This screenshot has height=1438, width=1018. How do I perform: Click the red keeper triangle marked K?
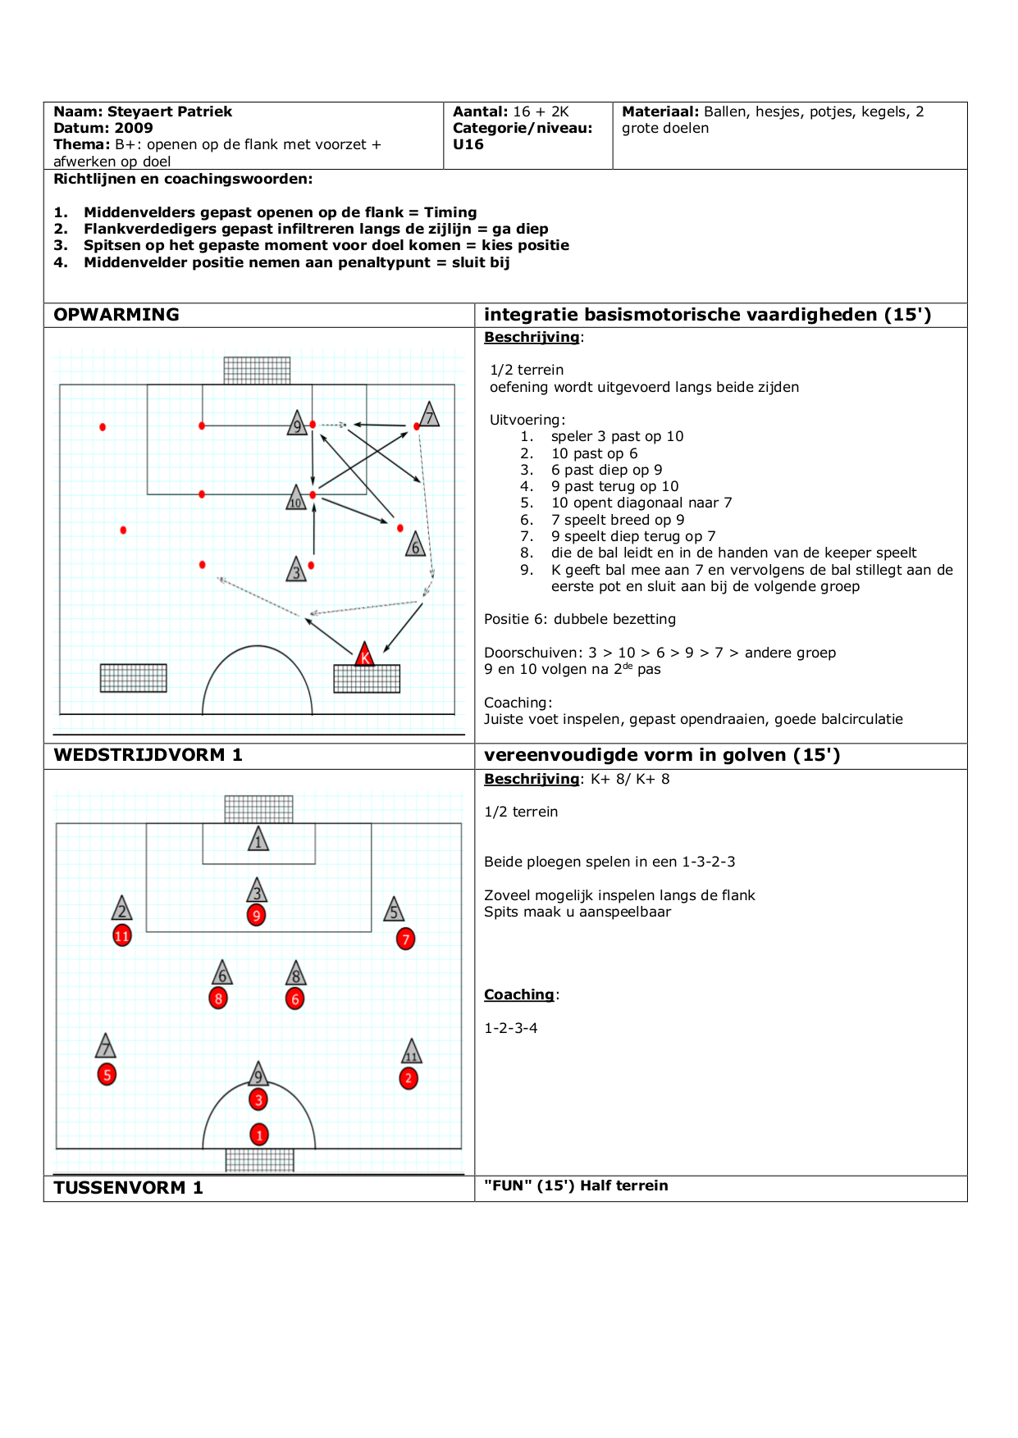(365, 655)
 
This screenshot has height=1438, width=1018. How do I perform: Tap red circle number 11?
(122, 935)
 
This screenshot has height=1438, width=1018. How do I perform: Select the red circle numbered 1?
(259, 1135)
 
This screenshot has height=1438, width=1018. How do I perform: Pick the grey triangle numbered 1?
(258, 840)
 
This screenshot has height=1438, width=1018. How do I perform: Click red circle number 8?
(218, 999)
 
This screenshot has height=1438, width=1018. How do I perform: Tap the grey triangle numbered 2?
(122, 909)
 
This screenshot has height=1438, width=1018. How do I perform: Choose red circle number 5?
(107, 1075)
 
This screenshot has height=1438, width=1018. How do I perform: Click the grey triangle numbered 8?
(296, 975)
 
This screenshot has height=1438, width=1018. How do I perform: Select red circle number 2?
(409, 1078)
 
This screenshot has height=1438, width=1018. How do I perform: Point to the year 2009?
(134, 128)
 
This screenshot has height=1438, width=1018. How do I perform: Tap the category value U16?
(468, 144)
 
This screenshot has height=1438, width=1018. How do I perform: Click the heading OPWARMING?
(116, 315)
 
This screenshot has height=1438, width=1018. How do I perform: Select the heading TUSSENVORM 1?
(128, 1188)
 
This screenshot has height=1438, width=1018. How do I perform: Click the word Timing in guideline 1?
(450, 212)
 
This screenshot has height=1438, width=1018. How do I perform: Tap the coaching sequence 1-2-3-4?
(511, 1028)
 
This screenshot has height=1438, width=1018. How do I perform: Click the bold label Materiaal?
(660, 111)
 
